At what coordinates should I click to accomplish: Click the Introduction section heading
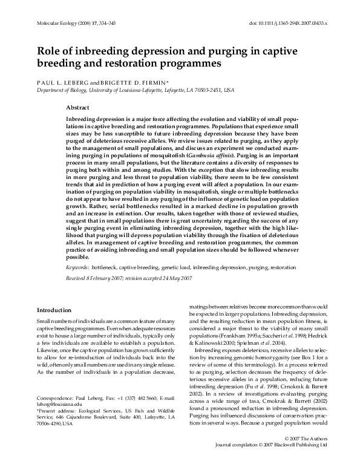(54, 310)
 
